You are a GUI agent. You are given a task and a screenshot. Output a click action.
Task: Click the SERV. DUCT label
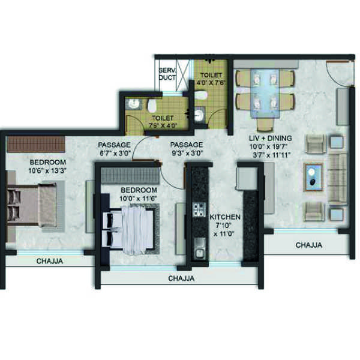tap(167, 74)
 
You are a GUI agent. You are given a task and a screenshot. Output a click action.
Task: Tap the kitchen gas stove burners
tap(199, 210)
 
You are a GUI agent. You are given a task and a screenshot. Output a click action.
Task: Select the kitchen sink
tap(199, 249)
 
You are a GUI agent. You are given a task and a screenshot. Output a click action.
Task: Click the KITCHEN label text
tap(225, 217)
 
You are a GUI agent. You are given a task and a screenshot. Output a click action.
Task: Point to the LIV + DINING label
tap(271, 139)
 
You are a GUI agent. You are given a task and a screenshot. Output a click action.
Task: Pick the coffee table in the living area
tap(313, 177)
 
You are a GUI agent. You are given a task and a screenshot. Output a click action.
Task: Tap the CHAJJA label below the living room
tap(309, 245)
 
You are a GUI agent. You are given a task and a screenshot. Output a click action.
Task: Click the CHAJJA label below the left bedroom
tap(50, 261)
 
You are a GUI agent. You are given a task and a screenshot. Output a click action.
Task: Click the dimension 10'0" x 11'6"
tap(138, 199)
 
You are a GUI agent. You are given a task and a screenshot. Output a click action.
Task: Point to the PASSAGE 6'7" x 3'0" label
tap(114, 149)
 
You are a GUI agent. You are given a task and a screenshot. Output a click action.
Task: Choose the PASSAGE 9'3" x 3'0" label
tap(187, 149)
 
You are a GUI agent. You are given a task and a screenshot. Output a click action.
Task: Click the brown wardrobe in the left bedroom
tap(35, 144)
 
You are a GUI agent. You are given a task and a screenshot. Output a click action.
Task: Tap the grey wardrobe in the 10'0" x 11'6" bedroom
tap(130, 176)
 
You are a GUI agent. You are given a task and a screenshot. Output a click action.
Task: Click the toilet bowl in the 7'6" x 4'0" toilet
tap(152, 106)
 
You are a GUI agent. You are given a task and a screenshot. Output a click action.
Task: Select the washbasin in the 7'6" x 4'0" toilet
tap(133, 104)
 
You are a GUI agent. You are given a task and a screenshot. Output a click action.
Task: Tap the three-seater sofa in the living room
tap(337, 178)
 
